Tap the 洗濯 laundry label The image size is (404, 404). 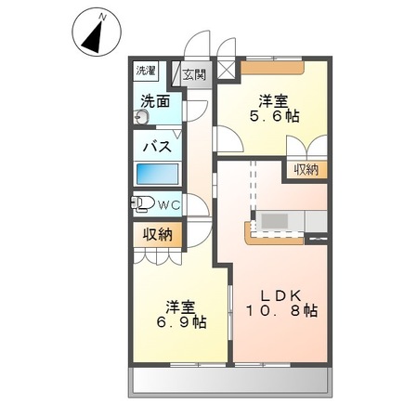coord(147,72)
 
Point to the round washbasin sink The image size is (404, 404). coord(141,118)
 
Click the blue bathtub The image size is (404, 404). coord(158,174)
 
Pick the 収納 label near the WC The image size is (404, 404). coord(157,235)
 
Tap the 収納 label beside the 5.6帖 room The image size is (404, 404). coord(306,169)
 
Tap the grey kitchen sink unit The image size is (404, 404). coord(275,223)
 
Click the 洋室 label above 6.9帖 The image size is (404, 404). coord(181,305)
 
